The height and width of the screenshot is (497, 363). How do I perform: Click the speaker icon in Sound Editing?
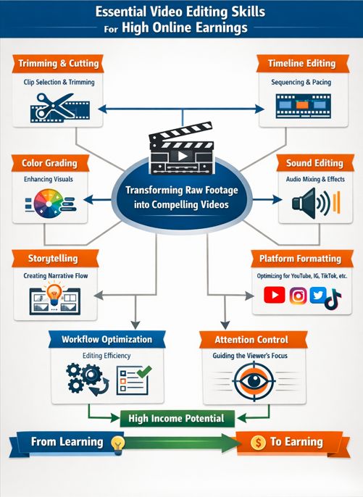pyautogui.click(x=306, y=202)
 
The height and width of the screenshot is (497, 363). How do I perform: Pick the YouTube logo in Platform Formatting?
pyautogui.click(x=275, y=296)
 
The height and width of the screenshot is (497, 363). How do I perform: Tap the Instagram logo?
pyautogui.click(x=298, y=296)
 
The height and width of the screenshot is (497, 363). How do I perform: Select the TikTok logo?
pyautogui.click(x=333, y=298)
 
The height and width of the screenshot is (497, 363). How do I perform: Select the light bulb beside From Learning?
pyautogui.click(x=117, y=443)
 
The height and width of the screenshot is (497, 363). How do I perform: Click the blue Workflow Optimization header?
pyautogui.click(x=107, y=339)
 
